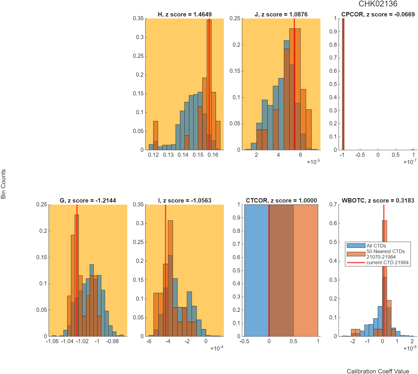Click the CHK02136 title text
377,4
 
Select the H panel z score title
184,14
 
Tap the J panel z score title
281,14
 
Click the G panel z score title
88,201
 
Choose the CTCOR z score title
281,201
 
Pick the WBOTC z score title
377,201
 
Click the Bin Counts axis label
3,184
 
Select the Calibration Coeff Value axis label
377,371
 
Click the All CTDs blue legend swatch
356,245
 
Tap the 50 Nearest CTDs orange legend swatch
356,254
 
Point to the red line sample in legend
356,262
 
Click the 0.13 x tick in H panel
168,155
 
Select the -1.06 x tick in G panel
52,341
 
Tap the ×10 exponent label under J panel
313,162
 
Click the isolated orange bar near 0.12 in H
156,135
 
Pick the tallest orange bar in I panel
170,278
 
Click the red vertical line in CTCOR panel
269,270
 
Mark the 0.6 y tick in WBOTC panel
333,223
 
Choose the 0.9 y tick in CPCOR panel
333,31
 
